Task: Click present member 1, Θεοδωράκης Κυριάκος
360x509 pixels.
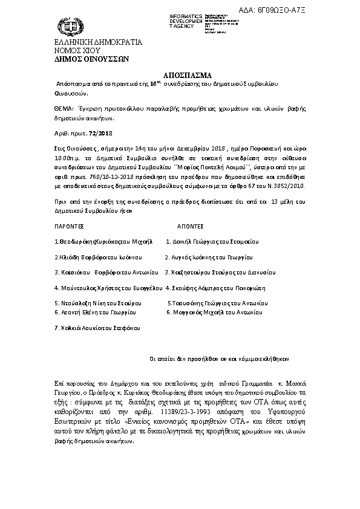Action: point(100,241)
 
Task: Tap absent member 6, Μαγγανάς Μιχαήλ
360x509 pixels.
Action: point(214,313)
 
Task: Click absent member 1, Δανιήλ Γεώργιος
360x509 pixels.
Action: point(216,241)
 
